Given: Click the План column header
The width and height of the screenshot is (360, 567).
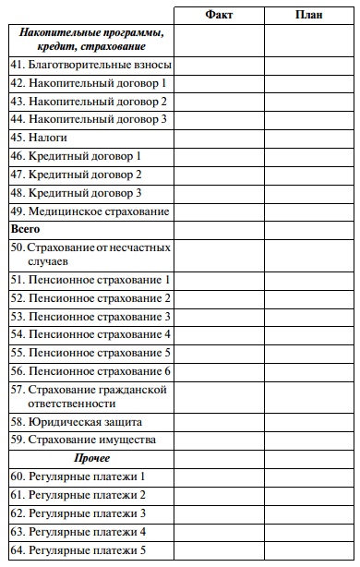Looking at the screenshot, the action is (x=308, y=15).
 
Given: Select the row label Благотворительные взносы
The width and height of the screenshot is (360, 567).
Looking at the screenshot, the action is (x=91, y=65).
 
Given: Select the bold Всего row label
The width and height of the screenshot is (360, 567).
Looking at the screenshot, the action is (x=25, y=228).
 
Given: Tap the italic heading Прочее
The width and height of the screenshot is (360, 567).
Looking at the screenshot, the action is (x=91, y=458).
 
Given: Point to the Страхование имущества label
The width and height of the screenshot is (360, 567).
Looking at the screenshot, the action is (x=83, y=440).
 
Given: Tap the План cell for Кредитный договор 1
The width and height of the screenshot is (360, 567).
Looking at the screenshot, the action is (x=308, y=156).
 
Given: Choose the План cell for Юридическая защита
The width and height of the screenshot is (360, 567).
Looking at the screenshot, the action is (x=308, y=421).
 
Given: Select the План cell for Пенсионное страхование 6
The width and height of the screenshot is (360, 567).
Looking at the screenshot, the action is (x=308, y=371).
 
